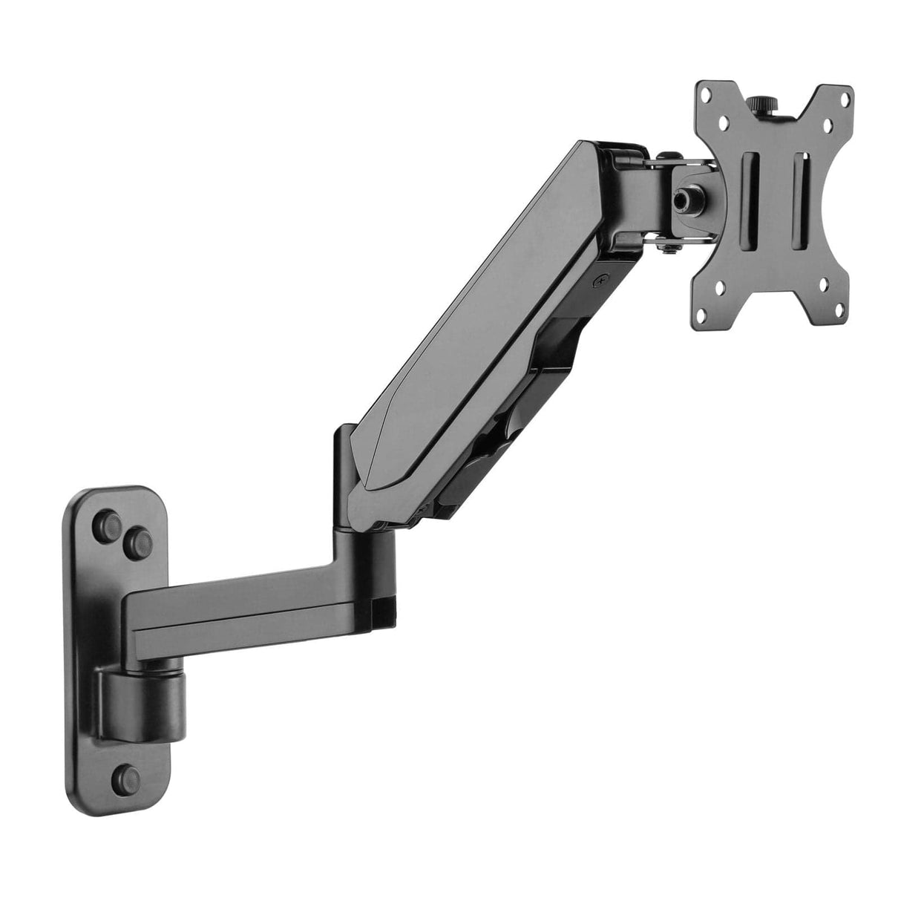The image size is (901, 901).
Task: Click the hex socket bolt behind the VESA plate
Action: [681, 199]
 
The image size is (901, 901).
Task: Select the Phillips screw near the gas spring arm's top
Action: [600, 281]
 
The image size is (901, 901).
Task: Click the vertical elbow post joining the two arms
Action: [347, 482]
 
